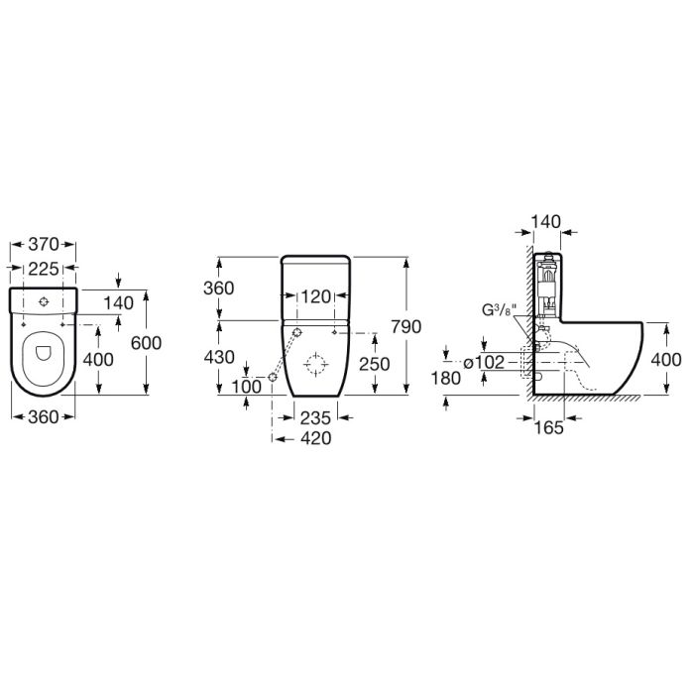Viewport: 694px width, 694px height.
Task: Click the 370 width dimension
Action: pyautogui.click(x=45, y=244)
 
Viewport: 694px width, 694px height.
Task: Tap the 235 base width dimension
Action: pyautogui.click(x=316, y=419)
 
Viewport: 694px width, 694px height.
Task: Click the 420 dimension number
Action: pyautogui.click(x=316, y=438)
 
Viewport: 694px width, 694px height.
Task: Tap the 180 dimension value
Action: pyautogui.click(x=448, y=378)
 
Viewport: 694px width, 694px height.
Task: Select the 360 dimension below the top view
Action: pyautogui.click(x=45, y=418)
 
